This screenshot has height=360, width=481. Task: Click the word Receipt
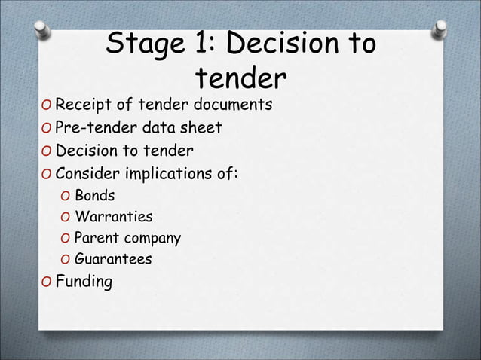pos(81,104)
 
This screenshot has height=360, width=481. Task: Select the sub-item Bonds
pos(94,197)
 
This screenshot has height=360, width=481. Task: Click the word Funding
pos(84,283)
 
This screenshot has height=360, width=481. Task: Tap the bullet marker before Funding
pos(46,283)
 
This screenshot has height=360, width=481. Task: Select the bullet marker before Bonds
pos(65,197)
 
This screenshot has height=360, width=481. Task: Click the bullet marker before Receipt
pos(46,104)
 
